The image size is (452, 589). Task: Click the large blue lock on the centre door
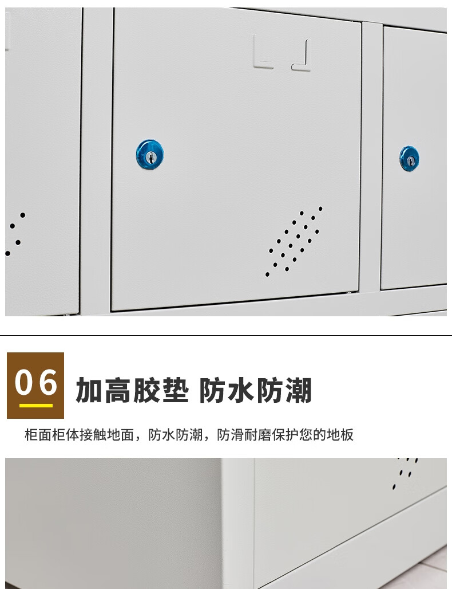150,154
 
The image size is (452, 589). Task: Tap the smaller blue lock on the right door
409,159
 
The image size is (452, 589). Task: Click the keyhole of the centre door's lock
151,158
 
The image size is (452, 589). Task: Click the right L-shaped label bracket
302,56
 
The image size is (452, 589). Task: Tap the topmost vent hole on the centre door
320,209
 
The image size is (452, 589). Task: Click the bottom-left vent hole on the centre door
267,274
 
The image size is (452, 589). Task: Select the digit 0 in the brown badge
23,382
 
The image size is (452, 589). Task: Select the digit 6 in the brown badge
47,382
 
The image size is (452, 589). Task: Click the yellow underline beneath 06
36,406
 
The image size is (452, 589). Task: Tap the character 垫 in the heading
175,391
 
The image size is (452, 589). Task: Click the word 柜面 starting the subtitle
38,435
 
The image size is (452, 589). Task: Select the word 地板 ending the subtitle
340,435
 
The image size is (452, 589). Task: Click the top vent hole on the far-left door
23,215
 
